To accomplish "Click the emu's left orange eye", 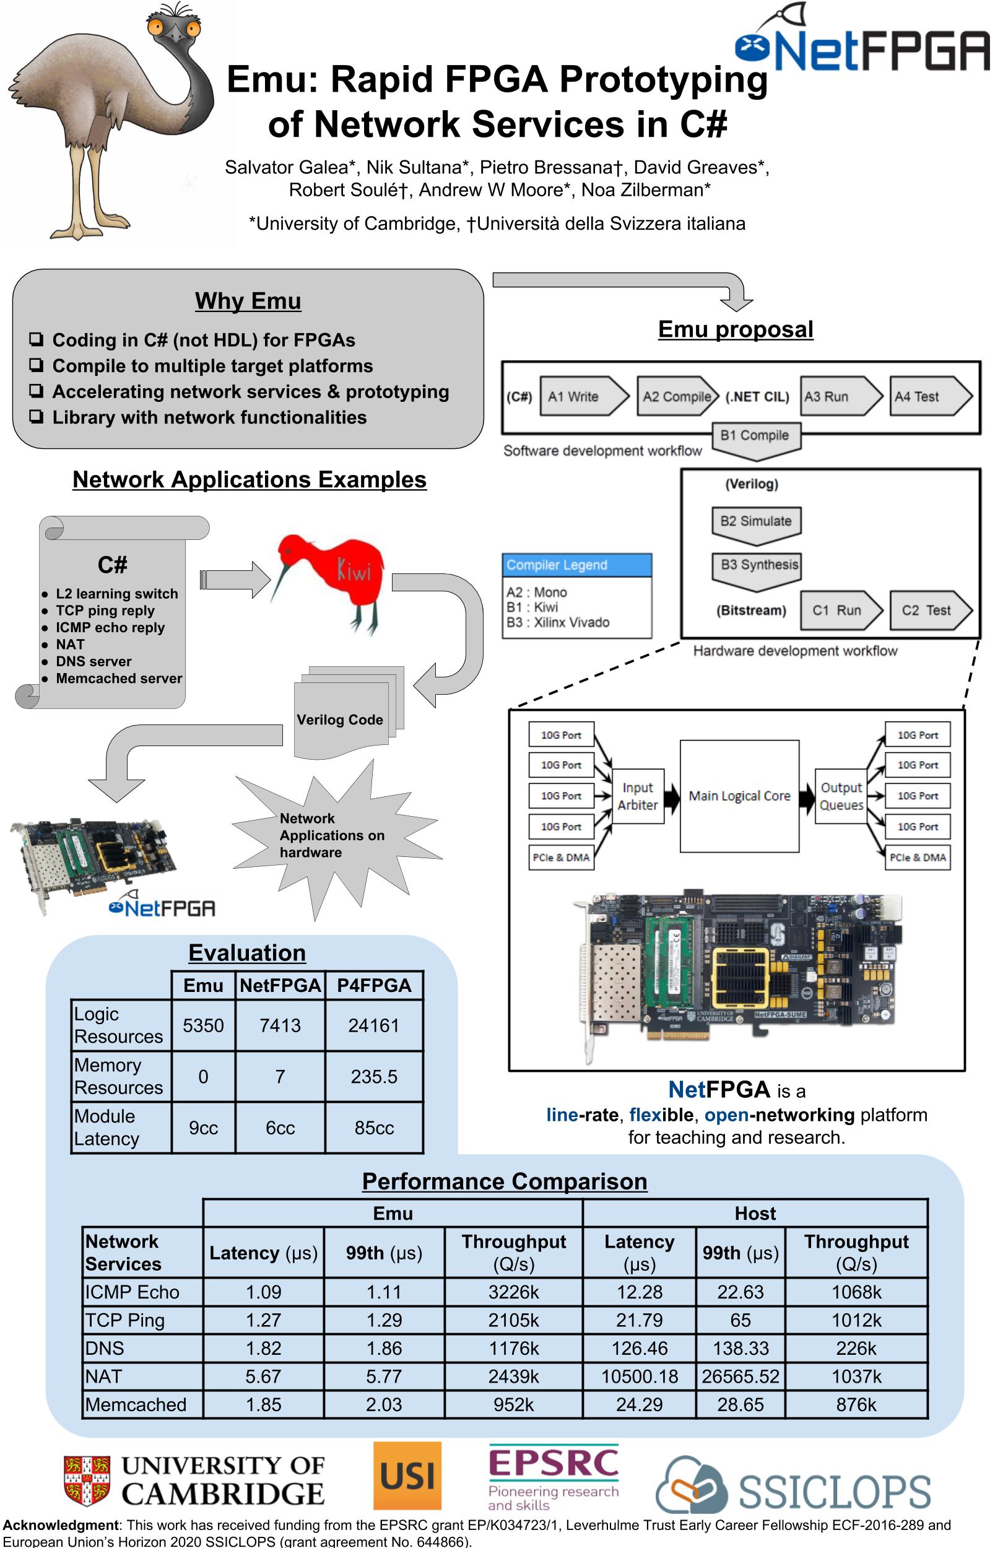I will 155,27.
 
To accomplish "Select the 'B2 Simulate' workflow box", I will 756,521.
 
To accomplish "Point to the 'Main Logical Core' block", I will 739,796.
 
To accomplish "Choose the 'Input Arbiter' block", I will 637,796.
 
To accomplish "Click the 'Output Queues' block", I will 841,796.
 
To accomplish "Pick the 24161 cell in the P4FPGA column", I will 373,1025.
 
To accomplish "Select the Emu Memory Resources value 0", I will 203,1076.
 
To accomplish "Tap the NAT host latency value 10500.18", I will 639,1376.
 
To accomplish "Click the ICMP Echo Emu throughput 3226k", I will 513,1292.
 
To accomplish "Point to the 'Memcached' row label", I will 136,1404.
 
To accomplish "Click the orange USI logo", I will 407,1476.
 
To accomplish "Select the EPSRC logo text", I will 553,1463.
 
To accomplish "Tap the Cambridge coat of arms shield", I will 87,1479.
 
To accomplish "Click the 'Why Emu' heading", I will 248,301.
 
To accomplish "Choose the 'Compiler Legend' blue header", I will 577,565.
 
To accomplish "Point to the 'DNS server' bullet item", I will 93,661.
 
